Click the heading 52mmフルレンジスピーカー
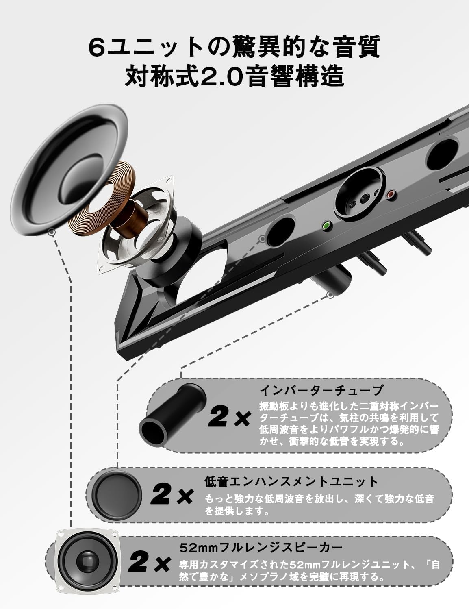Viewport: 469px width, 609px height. [261, 547]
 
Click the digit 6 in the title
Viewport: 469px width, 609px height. [96, 48]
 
